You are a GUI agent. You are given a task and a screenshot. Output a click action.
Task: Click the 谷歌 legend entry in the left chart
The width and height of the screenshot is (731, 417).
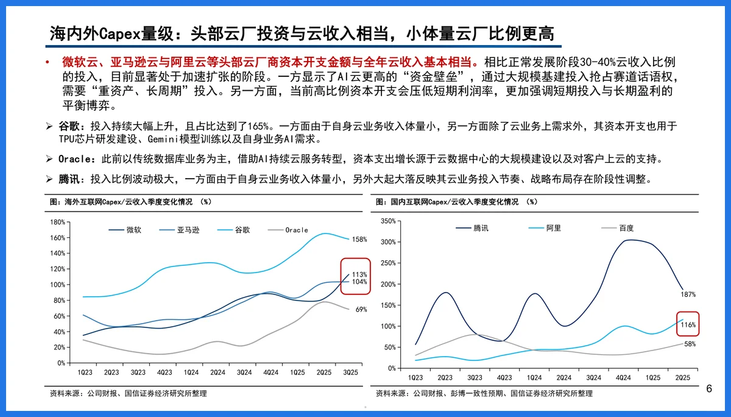[242, 230]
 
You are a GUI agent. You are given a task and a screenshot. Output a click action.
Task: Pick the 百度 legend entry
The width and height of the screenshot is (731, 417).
[626, 228]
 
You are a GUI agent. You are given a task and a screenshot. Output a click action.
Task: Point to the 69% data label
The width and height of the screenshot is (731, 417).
[361, 310]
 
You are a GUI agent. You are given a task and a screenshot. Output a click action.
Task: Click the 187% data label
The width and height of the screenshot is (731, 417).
[688, 294]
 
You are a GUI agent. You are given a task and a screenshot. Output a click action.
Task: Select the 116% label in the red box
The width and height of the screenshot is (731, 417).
[688, 325]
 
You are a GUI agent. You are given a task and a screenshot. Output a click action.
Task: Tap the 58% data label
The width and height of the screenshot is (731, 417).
[690, 344]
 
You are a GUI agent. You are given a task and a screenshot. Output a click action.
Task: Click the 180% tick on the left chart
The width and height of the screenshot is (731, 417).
[57, 222]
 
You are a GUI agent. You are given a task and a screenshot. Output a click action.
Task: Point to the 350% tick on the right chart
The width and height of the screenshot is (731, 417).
[388, 221]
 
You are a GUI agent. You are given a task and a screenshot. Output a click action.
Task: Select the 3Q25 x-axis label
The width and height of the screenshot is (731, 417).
[350, 372]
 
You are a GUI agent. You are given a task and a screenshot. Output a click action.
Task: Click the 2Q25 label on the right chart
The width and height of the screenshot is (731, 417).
[682, 378]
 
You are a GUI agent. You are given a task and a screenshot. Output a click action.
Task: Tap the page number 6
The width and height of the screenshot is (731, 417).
[709, 389]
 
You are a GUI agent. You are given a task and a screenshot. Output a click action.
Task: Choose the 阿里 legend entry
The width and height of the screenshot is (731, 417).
[553, 228]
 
